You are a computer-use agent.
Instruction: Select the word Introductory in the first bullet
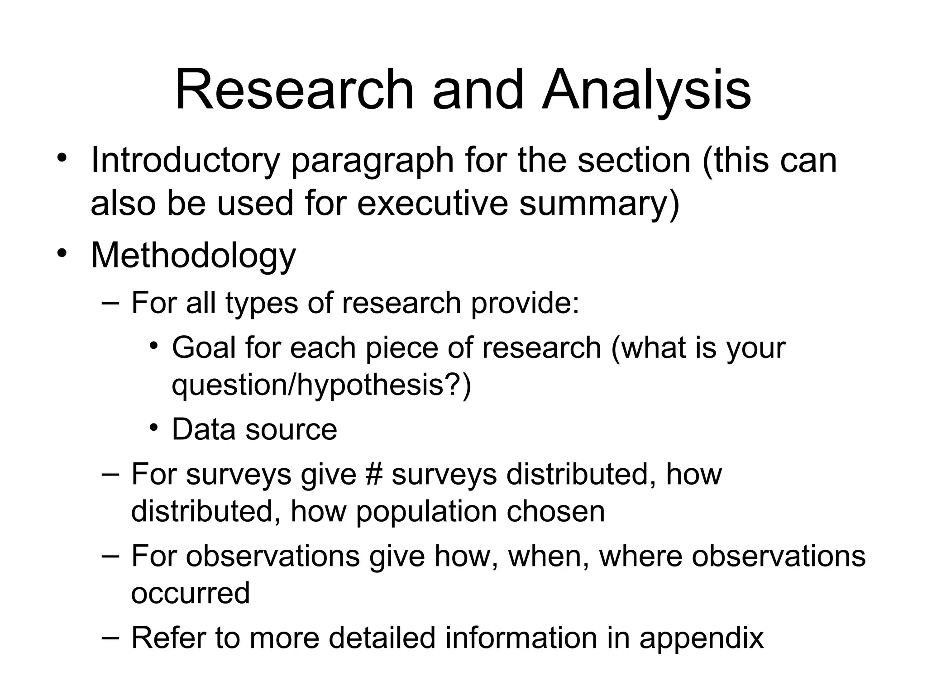coord(185,160)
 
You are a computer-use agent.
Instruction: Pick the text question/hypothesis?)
coord(321,385)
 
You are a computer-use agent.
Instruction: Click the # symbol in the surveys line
coord(373,474)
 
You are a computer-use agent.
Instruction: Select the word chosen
coord(555,511)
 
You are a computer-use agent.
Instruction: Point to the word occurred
coord(191,593)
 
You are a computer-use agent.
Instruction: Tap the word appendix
coord(701,638)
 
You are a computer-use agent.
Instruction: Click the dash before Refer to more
coord(110,637)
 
